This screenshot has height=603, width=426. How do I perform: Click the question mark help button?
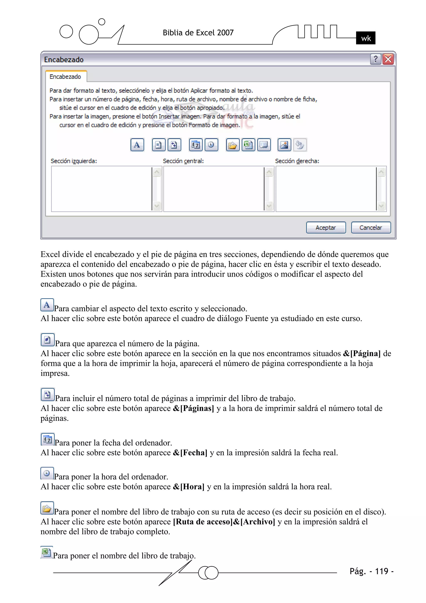375,59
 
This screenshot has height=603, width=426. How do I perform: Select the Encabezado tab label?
65,77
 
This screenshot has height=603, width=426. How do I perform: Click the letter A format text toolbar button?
137,145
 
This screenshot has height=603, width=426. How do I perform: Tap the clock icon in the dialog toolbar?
211,145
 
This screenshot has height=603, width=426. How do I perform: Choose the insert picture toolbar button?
284,145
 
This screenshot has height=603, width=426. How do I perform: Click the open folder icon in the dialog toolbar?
233,145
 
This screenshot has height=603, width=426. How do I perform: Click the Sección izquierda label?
74,161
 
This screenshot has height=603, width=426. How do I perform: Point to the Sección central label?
183,161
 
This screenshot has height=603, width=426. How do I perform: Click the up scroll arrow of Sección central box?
269,172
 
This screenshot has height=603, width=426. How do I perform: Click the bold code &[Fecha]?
190,452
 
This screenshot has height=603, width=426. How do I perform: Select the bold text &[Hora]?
188,487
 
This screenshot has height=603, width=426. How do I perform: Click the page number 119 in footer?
381,571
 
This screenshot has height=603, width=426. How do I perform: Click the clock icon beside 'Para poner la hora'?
47,473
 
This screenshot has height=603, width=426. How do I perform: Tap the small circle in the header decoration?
102,22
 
